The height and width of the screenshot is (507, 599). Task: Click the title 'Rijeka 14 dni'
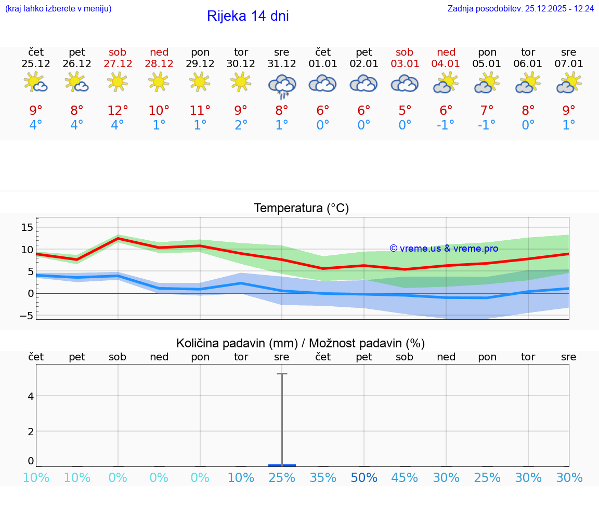(248, 16)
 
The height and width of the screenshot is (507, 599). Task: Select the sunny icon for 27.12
(118, 82)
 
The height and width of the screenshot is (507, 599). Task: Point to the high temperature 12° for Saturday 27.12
(118, 110)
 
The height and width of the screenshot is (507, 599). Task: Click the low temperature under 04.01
(446, 125)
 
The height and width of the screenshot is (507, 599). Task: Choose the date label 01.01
(323, 64)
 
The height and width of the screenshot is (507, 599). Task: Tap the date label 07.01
(569, 64)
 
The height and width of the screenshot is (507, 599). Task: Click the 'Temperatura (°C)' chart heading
(301, 209)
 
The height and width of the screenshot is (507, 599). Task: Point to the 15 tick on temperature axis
(27, 227)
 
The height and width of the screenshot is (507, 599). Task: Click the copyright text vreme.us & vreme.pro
(444, 249)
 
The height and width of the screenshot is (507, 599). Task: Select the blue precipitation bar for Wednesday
(282, 465)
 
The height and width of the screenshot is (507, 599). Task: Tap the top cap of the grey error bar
(282, 373)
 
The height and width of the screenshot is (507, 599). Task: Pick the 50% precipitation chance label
(364, 478)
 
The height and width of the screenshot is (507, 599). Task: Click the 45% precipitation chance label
(405, 478)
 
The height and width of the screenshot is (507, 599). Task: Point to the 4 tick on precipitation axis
(31, 396)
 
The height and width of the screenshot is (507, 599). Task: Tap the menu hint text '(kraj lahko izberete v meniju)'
(58, 8)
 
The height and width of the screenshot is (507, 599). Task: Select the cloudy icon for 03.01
(405, 83)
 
